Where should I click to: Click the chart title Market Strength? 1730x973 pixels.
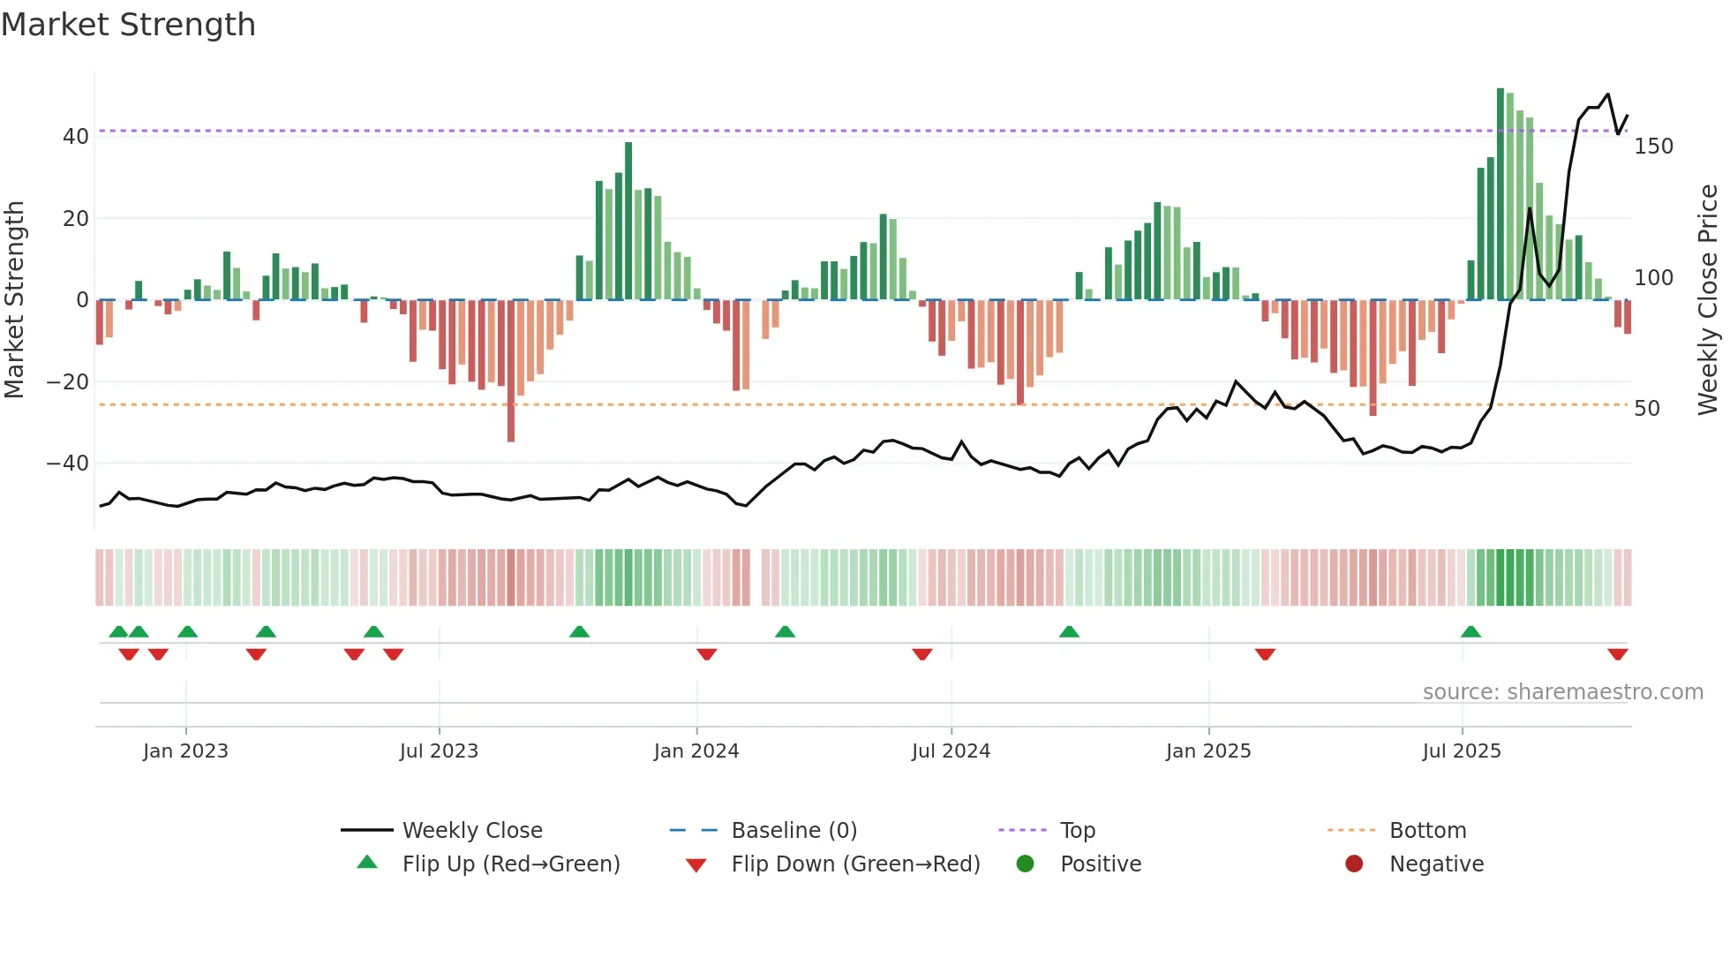coord(128,25)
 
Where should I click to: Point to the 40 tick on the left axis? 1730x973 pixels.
coord(76,137)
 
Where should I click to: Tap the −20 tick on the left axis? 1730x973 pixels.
coord(67,382)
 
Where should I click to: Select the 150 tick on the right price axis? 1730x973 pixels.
coord(1653,147)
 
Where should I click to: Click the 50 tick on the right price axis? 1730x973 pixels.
coord(1646,409)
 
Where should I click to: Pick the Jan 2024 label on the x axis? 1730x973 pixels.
coord(696,751)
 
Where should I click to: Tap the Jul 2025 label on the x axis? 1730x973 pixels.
coord(1461,751)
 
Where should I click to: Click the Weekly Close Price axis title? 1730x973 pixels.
coord(1708,299)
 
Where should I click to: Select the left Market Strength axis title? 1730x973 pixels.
coord(15,299)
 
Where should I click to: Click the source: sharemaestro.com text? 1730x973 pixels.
coord(1562,692)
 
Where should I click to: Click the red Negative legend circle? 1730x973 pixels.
coord(1354,864)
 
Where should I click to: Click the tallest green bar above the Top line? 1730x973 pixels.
coord(1501,194)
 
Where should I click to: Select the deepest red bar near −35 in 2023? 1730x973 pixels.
coord(511,371)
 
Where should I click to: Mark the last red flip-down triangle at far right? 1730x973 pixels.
coord(1617,654)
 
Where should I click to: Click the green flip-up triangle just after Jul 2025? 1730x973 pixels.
coord(1470,631)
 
